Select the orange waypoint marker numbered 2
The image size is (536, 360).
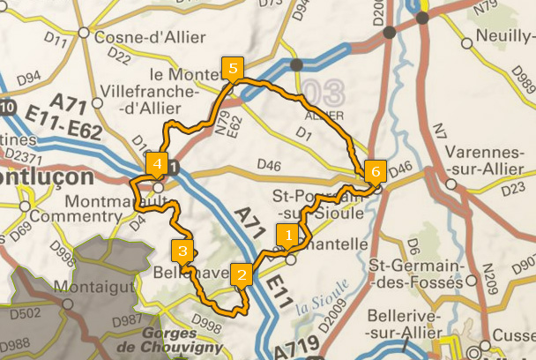pos(241,274)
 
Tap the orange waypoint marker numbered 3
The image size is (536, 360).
pos(182,251)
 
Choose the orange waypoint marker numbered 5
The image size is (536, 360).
pos(233,68)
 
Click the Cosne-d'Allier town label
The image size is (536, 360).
pos(149,37)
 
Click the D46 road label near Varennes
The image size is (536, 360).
pos(401,166)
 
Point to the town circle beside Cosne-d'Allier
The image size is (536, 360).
pos(83,33)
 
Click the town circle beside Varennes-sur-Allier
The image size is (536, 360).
pos(451,184)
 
